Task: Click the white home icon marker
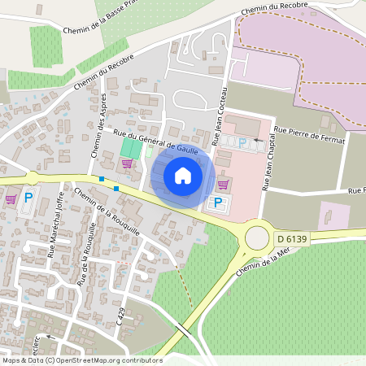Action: [183, 176]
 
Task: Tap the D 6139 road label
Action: [291, 238]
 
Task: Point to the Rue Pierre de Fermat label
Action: [310, 135]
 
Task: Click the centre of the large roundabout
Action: [256, 237]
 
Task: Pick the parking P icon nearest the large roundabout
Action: [217, 203]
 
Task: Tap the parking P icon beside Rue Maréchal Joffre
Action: [28, 198]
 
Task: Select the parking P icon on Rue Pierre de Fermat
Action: [242, 142]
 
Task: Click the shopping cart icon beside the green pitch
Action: [126, 163]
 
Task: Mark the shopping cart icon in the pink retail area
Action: [224, 185]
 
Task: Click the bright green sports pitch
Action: [129, 149]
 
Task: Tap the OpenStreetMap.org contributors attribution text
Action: [115, 360]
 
